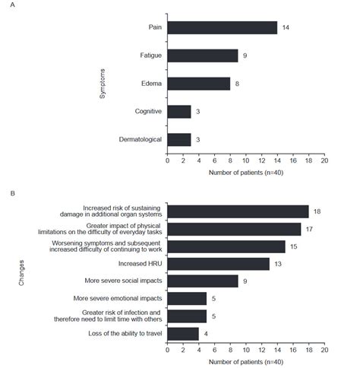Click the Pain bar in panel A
coord(222,27)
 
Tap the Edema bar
coord(198,84)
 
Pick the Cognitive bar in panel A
coord(178,112)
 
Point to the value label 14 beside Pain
coord(286,27)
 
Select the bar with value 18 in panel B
coord(237,211)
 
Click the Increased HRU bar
coord(218,263)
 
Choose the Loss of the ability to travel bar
coord(182,333)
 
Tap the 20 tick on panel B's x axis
coord(324,351)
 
